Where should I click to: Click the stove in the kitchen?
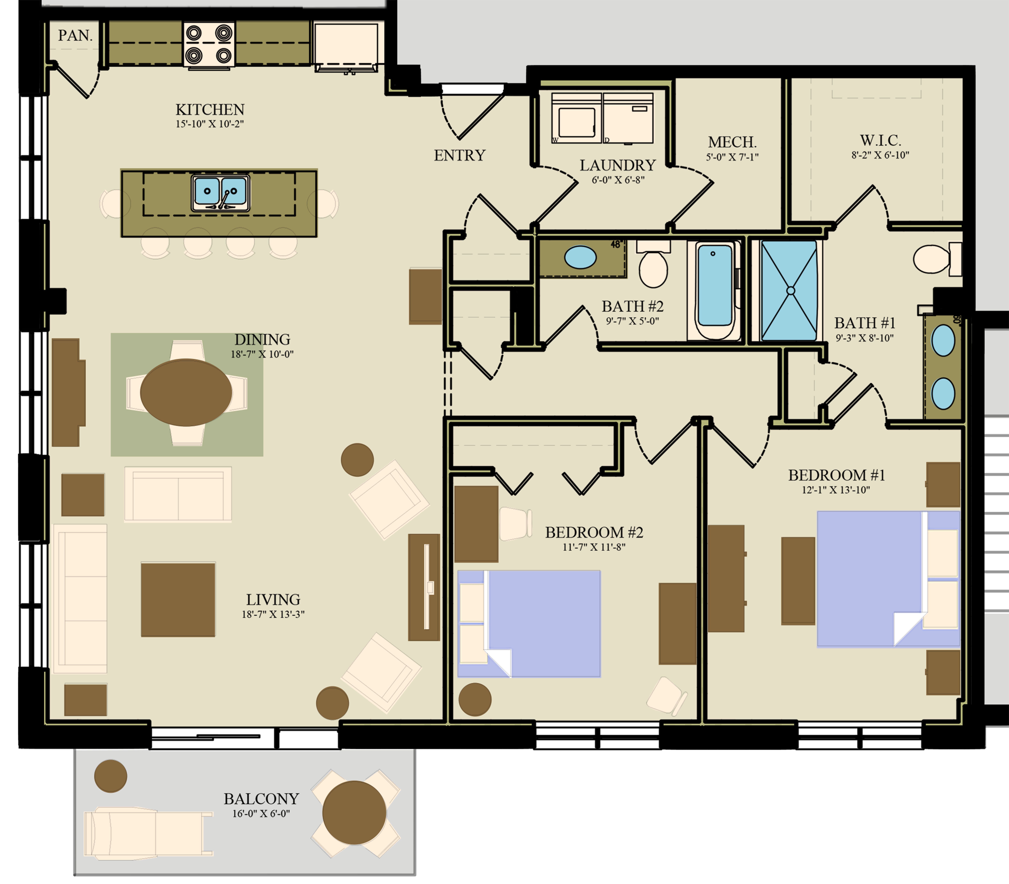click(x=209, y=44)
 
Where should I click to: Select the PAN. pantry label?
click(x=75, y=35)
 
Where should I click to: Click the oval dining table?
click(x=186, y=392)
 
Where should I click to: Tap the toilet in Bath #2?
click(x=653, y=266)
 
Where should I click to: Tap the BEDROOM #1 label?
click(x=836, y=475)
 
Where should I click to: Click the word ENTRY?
click(x=459, y=155)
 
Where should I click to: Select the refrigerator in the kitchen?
click(x=346, y=44)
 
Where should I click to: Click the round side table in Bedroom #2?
click(x=475, y=699)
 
